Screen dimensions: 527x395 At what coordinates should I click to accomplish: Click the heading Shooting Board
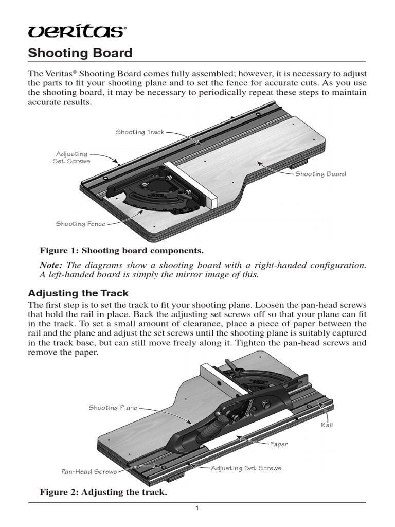pos(79,52)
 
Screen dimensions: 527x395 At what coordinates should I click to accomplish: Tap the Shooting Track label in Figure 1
pos(140,132)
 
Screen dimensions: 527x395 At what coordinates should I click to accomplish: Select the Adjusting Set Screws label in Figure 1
pos(71,157)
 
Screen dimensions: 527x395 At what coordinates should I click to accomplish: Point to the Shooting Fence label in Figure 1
pos(81,224)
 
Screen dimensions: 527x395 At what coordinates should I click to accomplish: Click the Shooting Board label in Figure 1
pos(320,174)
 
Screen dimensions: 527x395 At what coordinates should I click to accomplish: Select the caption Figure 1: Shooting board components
pos(122,251)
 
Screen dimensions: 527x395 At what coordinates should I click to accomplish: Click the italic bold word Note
pos(51,265)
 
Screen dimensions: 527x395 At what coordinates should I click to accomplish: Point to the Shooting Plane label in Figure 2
pos(113,408)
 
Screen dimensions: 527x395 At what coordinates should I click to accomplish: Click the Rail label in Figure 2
pos(328,425)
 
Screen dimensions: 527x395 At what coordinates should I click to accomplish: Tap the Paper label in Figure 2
pos(279,444)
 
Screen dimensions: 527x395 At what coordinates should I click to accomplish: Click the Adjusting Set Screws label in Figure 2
pos(246,468)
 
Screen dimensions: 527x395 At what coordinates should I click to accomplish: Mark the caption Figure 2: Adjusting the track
pos(103,493)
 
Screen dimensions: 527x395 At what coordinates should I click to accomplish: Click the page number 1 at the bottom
pos(197,509)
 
